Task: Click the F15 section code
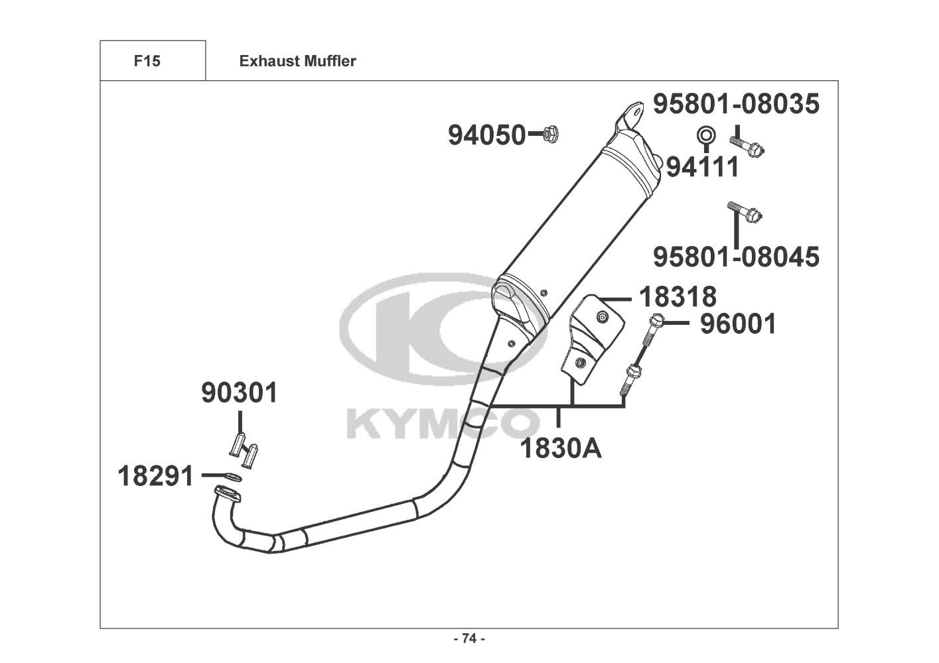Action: click(147, 61)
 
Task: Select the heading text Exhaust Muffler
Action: click(298, 61)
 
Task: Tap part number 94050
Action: click(486, 135)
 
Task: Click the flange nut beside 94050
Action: click(550, 134)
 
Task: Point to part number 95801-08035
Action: click(736, 104)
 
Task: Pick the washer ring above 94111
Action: click(706, 135)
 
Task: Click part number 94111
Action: click(702, 167)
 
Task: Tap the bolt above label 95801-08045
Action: click(745, 213)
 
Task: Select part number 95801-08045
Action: click(736, 257)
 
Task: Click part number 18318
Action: click(678, 297)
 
